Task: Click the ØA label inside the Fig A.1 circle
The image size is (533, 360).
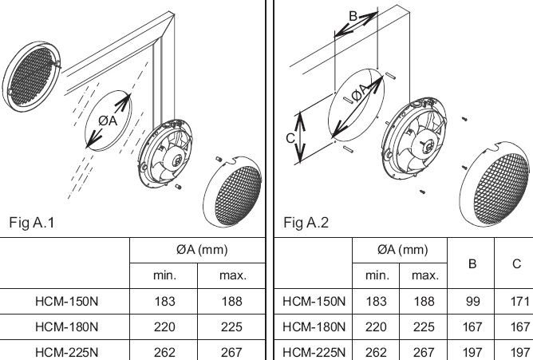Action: tap(108, 120)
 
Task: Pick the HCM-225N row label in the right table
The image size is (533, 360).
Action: tap(314, 350)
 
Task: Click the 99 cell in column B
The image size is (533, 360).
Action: tap(471, 302)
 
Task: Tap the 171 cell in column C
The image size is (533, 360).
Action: tap(516, 302)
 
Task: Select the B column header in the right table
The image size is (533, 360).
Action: tap(471, 263)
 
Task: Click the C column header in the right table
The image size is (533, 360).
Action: tap(516, 263)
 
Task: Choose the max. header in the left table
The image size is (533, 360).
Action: tap(232, 275)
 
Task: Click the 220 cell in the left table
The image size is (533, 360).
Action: tap(164, 326)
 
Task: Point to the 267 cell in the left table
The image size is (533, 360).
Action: tap(232, 350)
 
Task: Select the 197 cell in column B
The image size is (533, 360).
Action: tap(471, 350)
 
